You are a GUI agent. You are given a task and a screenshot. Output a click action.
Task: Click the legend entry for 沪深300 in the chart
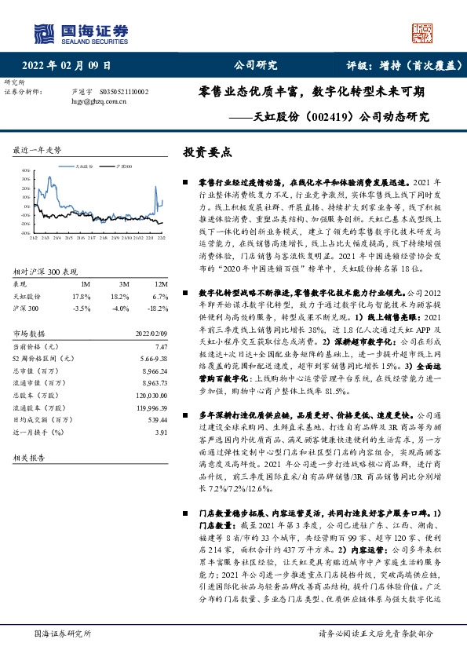123,166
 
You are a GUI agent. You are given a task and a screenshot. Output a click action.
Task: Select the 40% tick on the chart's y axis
26,170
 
